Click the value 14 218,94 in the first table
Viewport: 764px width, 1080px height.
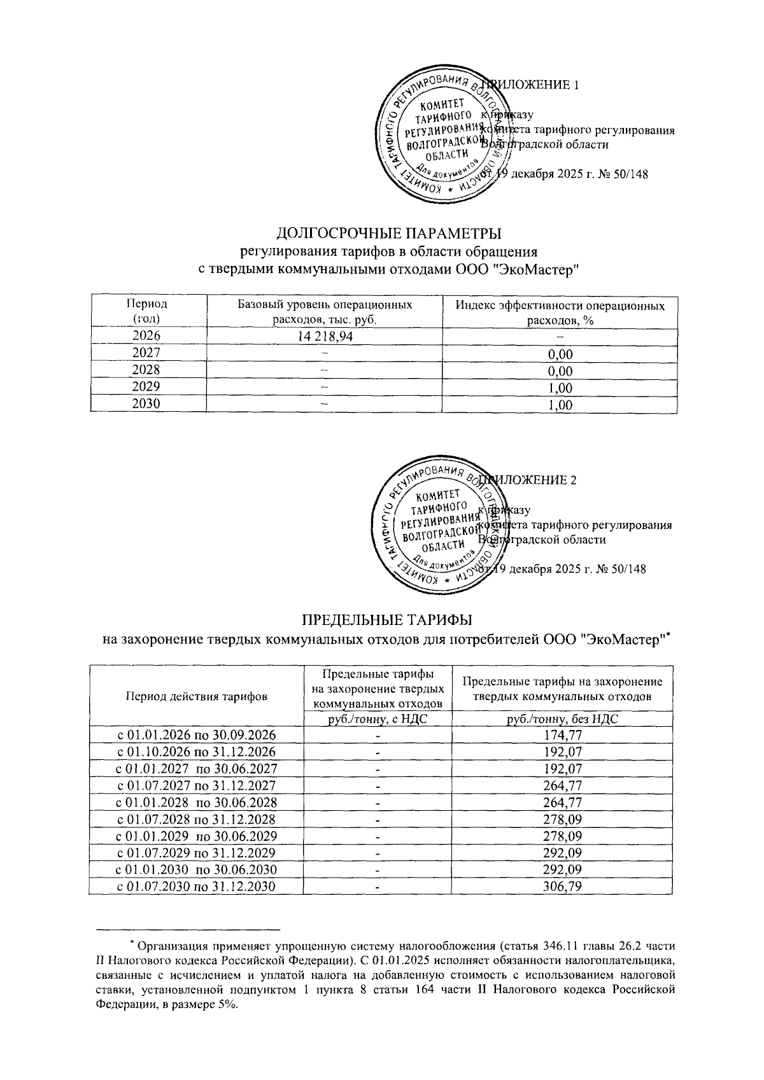click(324, 336)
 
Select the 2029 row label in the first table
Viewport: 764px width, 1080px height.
click(147, 387)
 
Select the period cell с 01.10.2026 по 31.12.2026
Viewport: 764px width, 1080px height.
click(197, 752)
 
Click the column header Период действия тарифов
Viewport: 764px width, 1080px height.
click(197, 696)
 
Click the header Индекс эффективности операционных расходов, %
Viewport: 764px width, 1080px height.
click(560, 312)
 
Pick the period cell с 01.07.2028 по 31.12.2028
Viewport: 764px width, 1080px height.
click(197, 819)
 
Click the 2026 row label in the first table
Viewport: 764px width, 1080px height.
click(147, 336)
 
